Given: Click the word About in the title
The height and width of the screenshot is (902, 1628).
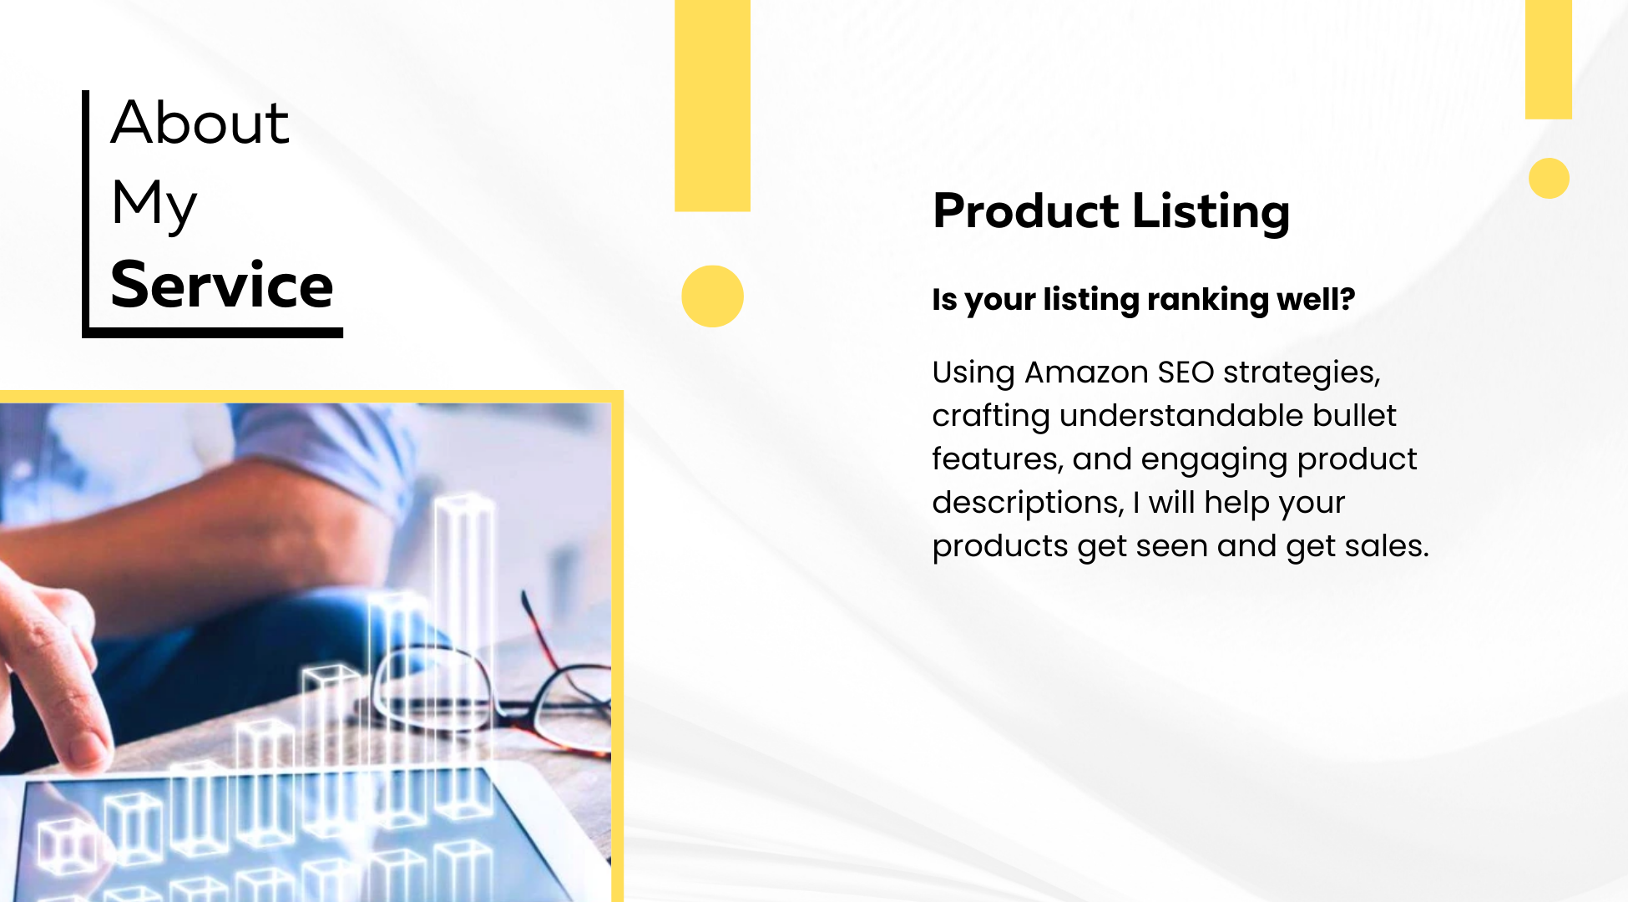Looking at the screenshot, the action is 200,122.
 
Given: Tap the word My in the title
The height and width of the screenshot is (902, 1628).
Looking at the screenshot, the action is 154,204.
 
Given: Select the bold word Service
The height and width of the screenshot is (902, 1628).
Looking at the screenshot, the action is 222,285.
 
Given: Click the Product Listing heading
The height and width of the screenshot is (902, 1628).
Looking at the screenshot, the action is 1111,211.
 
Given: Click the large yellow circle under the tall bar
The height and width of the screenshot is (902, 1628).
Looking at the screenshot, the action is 712,296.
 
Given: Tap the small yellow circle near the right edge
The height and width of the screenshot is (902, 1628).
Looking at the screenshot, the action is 1549,178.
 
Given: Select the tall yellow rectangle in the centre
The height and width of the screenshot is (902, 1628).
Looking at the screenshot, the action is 712,105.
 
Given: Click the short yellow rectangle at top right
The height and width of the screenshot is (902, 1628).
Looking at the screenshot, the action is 1549,59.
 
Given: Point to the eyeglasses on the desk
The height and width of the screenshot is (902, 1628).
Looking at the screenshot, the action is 493,676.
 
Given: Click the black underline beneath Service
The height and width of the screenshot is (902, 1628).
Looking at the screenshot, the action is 215,332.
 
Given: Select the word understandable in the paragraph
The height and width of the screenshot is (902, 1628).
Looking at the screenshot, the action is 1181,415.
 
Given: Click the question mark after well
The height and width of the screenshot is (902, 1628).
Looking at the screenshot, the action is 1347,298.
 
